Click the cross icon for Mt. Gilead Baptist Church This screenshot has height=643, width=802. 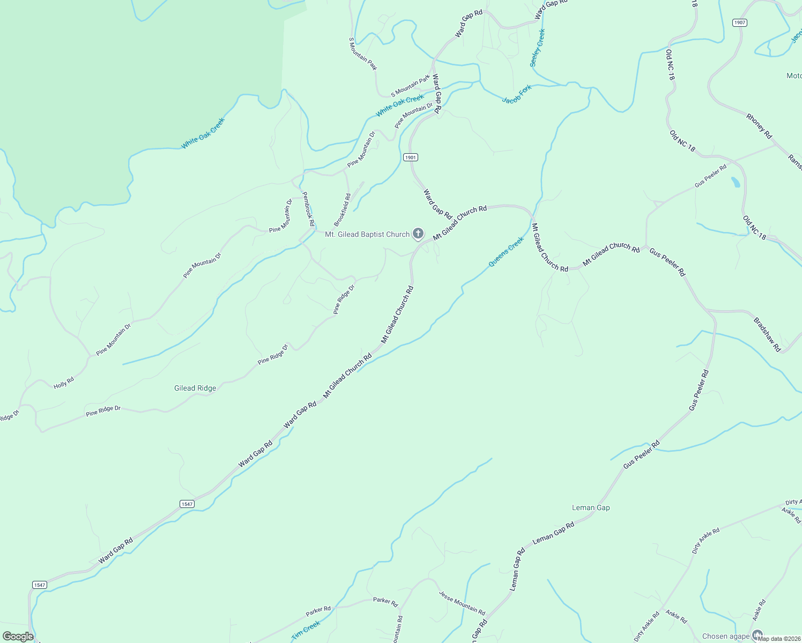click(418, 234)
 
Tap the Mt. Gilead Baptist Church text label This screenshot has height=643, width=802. click(367, 234)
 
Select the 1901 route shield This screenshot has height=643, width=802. click(411, 158)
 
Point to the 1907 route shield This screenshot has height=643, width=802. click(740, 23)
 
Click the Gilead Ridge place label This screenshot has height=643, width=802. click(195, 388)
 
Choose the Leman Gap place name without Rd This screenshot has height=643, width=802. click(591, 507)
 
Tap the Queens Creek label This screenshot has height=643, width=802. click(506, 252)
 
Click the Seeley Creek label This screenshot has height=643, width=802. click(537, 48)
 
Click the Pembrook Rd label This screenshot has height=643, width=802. click(308, 209)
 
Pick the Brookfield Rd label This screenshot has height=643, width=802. click(342, 210)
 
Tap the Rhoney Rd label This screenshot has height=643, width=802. click(759, 126)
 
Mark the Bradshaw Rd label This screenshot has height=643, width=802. click(767, 335)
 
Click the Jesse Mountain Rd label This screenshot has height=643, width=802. click(462, 603)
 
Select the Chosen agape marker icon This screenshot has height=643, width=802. click(758, 635)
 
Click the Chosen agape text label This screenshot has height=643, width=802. click(726, 636)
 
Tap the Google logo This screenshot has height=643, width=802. click(18, 637)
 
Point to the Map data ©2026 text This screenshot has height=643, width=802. click(777, 639)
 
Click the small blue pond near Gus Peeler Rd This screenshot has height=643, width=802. click(736, 182)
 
